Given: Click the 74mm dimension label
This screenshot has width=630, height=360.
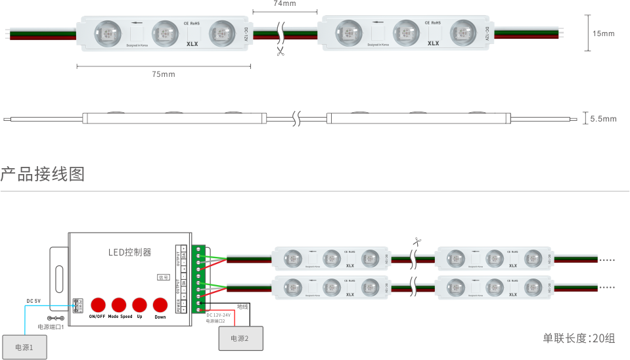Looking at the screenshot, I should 284,3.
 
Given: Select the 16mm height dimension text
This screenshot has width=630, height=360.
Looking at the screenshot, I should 603,33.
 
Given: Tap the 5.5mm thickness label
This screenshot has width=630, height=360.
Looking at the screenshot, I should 603,119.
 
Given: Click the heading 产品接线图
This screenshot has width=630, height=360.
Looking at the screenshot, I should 43,175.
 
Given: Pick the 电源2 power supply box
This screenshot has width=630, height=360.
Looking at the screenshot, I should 239,338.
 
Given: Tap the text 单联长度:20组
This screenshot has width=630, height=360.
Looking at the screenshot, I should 578,338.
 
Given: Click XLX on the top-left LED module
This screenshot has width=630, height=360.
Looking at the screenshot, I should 192,44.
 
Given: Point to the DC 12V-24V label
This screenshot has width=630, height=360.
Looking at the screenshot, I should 219,315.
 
